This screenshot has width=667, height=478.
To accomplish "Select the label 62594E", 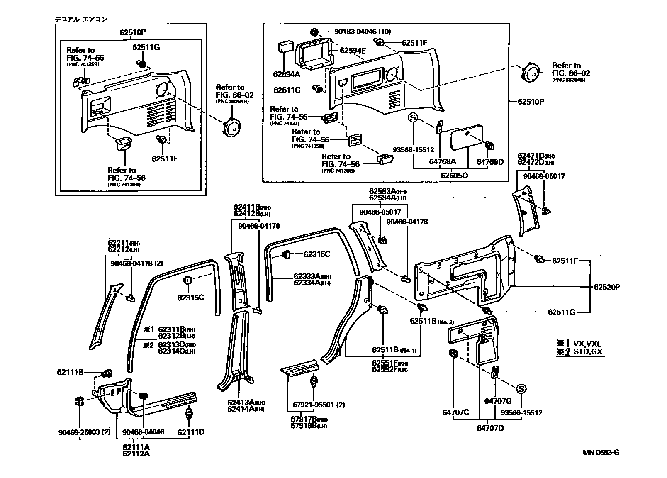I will [353, 51].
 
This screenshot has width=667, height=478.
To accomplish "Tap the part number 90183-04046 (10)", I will [363, 32].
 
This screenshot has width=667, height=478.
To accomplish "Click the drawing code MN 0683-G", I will [601, 452].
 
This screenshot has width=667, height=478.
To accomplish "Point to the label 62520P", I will [607, 287].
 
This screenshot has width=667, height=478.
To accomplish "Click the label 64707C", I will [455, 412].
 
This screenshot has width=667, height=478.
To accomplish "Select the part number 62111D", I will [191, 432].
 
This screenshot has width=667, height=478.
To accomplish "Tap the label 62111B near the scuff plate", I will [70, 373].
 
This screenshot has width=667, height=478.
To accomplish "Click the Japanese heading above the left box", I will [81, 19].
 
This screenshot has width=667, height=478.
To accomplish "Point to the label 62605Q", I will [454, 175].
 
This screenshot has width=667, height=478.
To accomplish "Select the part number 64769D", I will [489, 162].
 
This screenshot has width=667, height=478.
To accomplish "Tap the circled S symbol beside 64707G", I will [521, 389].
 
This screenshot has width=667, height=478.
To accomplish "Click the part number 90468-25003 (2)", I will [84, 432].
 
